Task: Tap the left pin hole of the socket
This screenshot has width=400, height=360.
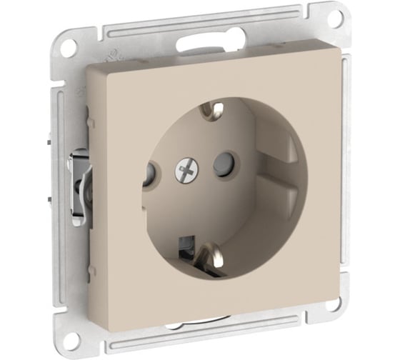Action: click(x=149, y=174)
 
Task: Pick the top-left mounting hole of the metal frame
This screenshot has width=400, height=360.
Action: click(x=68, y=48)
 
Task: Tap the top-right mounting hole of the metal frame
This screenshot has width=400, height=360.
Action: click(x=334, y=19)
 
